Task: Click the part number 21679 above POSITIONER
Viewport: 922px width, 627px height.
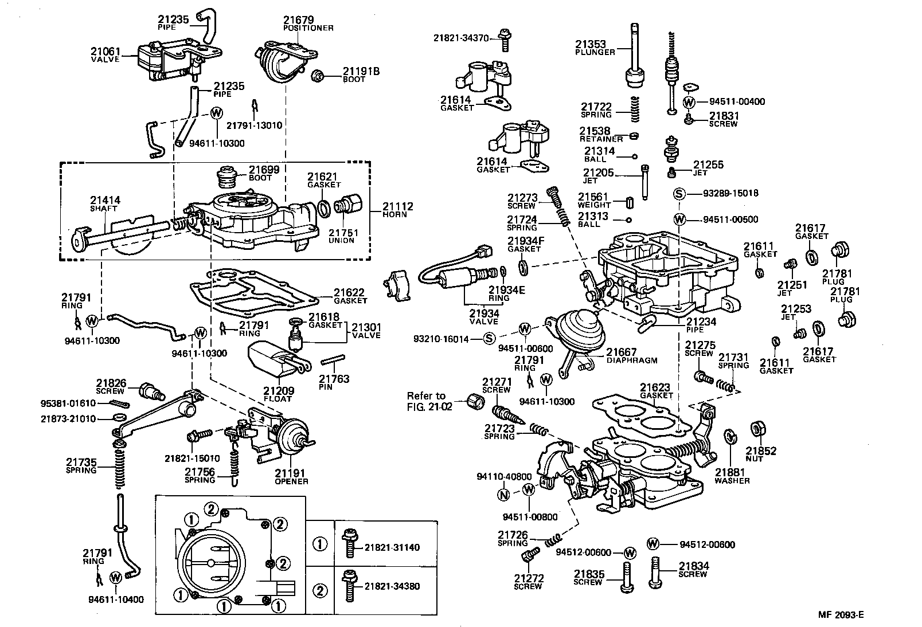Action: click(298, 20)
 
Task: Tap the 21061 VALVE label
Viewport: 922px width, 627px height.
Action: click(106, 55)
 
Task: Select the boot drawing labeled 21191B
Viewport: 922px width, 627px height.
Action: click(319, 76)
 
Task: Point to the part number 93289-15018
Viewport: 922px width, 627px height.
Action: click(730, 193)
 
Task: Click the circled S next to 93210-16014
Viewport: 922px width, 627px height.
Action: click(489, 339)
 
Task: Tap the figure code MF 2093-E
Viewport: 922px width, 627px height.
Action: click(841, 615)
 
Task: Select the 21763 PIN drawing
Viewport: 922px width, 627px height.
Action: click(331, 361)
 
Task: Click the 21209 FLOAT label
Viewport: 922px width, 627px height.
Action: click(278, 394)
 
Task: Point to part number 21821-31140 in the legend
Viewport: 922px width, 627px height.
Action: click(392, 547)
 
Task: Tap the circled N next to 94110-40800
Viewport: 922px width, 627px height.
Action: click(503, 495)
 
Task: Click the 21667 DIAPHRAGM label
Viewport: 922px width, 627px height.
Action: click(631, 355)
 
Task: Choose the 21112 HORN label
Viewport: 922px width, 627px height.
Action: click(398, 210)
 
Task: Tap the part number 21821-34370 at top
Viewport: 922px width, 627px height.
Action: click(461, 38)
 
